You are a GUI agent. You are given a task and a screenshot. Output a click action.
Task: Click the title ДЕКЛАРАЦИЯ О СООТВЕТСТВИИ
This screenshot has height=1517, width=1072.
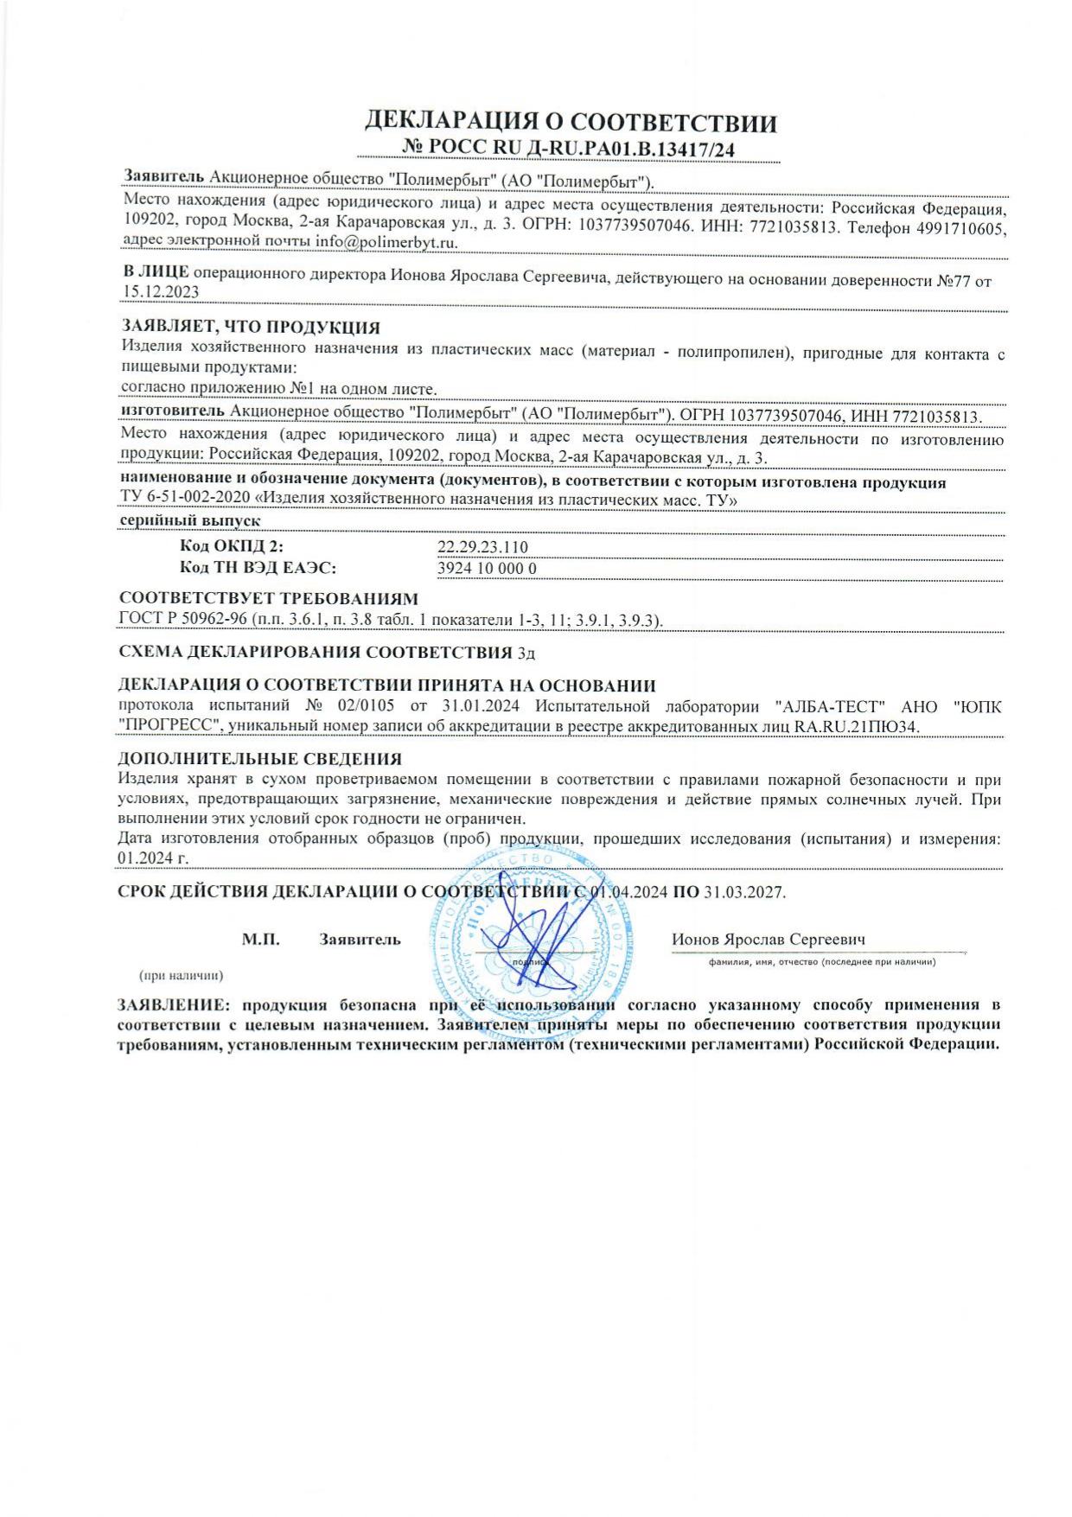click(x=571, y=122)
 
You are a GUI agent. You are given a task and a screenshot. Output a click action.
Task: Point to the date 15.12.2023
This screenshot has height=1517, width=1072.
click(x=161, y=292)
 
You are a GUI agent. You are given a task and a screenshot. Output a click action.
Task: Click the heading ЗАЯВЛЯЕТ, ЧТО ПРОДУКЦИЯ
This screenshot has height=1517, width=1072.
click(x=251, y=328)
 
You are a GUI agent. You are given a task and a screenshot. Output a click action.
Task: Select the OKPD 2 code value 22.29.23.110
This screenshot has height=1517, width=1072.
click(x=482, y=547)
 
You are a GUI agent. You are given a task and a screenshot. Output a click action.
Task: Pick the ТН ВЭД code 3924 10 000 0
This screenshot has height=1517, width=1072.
click(x=488, y=568)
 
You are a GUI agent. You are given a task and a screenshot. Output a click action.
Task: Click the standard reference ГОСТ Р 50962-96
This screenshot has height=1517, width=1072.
click(x=182, y=620)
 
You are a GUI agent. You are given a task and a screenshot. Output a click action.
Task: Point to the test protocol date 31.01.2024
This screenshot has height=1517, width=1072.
click(x=486, y=707)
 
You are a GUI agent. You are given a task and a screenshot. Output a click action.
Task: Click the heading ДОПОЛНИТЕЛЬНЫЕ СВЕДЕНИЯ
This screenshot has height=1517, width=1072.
click(x=259, y=759)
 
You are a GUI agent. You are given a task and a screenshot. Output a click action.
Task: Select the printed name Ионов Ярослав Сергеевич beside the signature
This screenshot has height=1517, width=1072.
click(x=769, y=940)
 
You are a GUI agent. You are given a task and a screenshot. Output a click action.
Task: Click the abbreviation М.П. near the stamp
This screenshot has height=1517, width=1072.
click(x=261, y=940)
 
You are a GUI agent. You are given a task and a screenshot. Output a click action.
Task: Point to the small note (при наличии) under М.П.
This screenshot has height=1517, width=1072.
click(x=182, y=975)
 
